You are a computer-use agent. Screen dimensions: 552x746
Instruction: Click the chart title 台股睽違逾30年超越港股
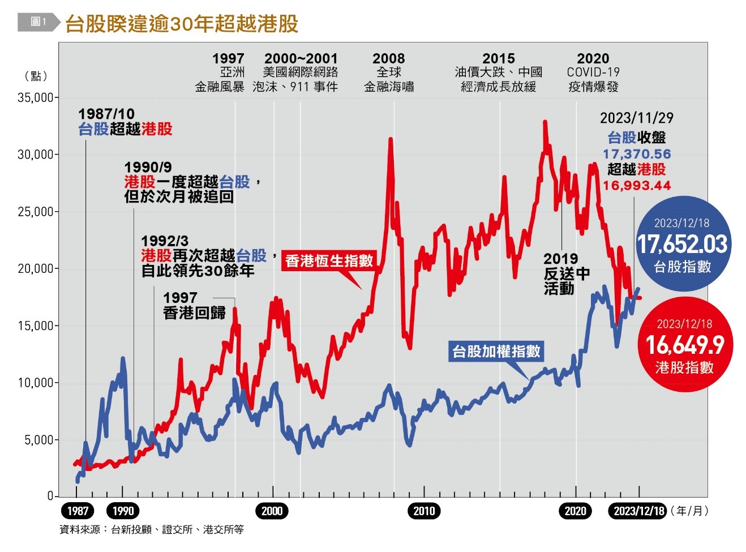[181, 23]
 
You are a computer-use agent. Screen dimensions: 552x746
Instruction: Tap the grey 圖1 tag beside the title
[38, 22]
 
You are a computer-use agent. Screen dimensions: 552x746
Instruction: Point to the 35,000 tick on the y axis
[35, 97]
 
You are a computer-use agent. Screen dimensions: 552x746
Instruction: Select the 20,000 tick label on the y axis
[35, 269]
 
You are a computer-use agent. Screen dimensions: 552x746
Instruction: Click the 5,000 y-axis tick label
[38, 440]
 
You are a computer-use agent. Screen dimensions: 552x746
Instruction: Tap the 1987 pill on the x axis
[78, 511]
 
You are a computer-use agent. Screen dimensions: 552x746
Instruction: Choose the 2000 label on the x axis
[272, 511]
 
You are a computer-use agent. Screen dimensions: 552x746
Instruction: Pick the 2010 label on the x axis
[424, 511]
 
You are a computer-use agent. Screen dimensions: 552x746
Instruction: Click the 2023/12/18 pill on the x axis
[638, 511]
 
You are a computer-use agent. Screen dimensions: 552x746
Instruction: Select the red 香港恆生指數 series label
[329, 260]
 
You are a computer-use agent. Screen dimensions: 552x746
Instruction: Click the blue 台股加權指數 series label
[496, 352]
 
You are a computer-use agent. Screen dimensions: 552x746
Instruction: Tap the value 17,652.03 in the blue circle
[682, 245]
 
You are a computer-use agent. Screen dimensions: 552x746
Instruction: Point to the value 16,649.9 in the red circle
[685, 345]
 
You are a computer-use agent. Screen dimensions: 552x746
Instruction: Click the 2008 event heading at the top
[388, 59]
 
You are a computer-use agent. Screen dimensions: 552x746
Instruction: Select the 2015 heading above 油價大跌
[498, 59]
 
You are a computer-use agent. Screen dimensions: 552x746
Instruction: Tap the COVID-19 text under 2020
[593, 72]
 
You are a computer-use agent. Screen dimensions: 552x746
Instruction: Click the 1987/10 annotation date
[106, 114]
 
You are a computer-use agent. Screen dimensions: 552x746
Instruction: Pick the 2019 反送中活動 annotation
[566, 274]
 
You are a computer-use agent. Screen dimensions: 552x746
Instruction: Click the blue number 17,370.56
[636, 154]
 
